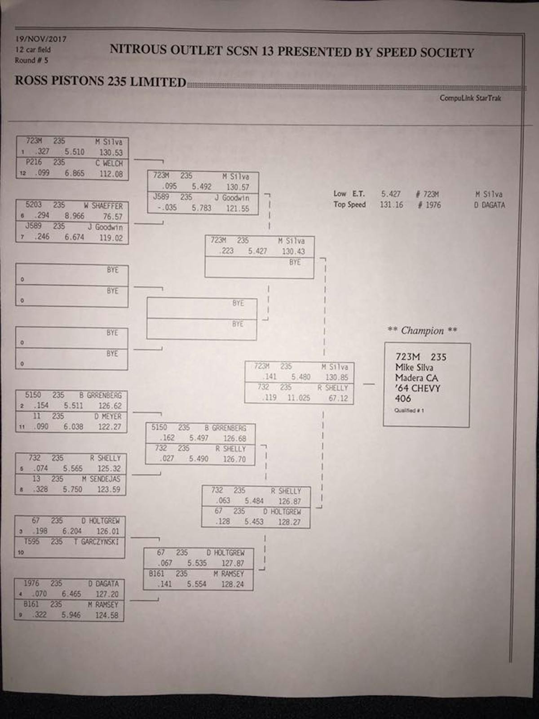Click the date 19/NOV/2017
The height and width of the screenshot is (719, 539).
[x=41, y=39]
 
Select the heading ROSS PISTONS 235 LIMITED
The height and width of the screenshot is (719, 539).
[x=100, y=81]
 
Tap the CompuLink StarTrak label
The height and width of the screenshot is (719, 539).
[x=470, y=98]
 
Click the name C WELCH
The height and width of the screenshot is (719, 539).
[x=109, y=163]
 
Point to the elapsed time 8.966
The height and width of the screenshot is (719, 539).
[x=75, y=216]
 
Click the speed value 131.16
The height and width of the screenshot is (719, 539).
[x=391, y=205]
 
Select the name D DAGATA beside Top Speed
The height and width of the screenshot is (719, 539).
[x=490, y=205]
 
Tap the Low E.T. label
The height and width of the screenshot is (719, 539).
[x=349, y=194]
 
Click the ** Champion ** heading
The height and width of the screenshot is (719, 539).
[x=422, y=331]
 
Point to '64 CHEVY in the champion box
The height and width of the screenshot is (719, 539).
[x=418, y=388]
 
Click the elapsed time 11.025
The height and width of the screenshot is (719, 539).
[x=299, y=398]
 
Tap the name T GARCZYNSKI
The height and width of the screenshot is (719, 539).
[x=96, y=542]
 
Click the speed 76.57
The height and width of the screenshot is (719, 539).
[x=112, y=217]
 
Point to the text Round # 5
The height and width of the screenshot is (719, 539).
[x=31, y=60]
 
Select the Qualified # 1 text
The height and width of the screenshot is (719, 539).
[x=409, y=410]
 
